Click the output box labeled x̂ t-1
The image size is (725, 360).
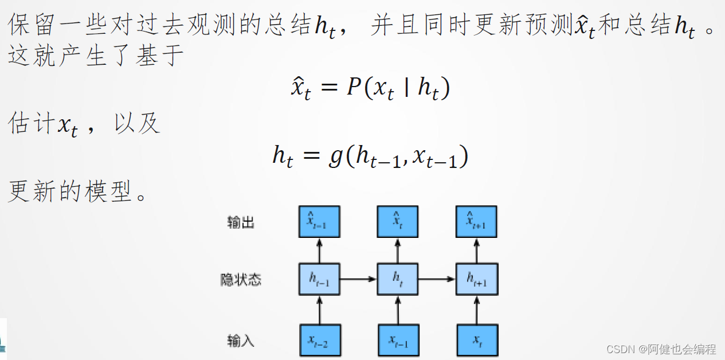[319, 221]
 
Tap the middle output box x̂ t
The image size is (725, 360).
[397, 221]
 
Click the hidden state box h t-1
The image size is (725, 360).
[319, 279]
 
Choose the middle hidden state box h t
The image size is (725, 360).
[397, 279]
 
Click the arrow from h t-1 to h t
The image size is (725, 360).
[358, 279]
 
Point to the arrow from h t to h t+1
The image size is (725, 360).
[437, 279]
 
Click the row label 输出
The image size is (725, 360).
[241, 222]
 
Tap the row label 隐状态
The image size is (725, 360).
[241, 280]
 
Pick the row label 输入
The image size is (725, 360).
[241, 342]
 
